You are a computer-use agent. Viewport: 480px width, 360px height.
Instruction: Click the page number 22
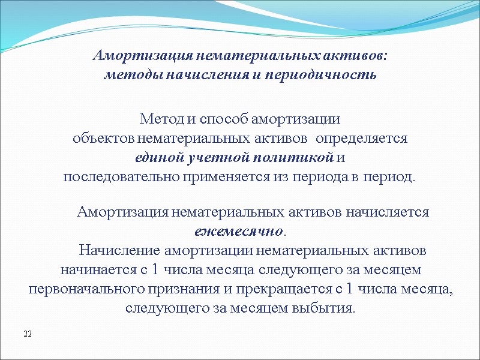pos(27,333)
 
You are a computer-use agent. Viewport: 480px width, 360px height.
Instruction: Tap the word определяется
pos(362,138)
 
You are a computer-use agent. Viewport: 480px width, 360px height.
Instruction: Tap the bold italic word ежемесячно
pos(238,231)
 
